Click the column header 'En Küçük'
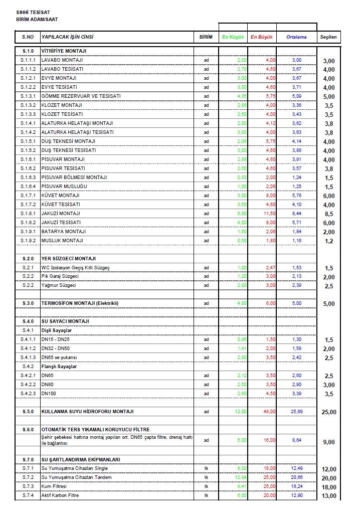pyautogui.click(x=233, y=37)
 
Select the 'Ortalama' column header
pyautogui.click(x=296, y=37)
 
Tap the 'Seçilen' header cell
pyautogui.click(x=329, y=37)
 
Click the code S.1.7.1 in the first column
pyautogui.click(x=28, y=195)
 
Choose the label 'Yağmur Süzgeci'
pyautogui.click(x=59, y=285)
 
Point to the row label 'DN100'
pyautogui.click(x=48, y=394)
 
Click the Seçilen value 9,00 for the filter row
pyautogui.click(x=328, y=442)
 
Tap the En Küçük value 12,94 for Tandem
pyautogui.click(x=241, y=477)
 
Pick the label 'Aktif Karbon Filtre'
pyautogui.click(x=60, y=495)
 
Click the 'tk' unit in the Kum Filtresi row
pyautogui.click(x=206, y=486)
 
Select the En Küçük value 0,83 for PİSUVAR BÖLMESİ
pyautogui.click(x=242, y=177)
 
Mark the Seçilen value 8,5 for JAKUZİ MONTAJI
pyautogui.click(x=329, y=214)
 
